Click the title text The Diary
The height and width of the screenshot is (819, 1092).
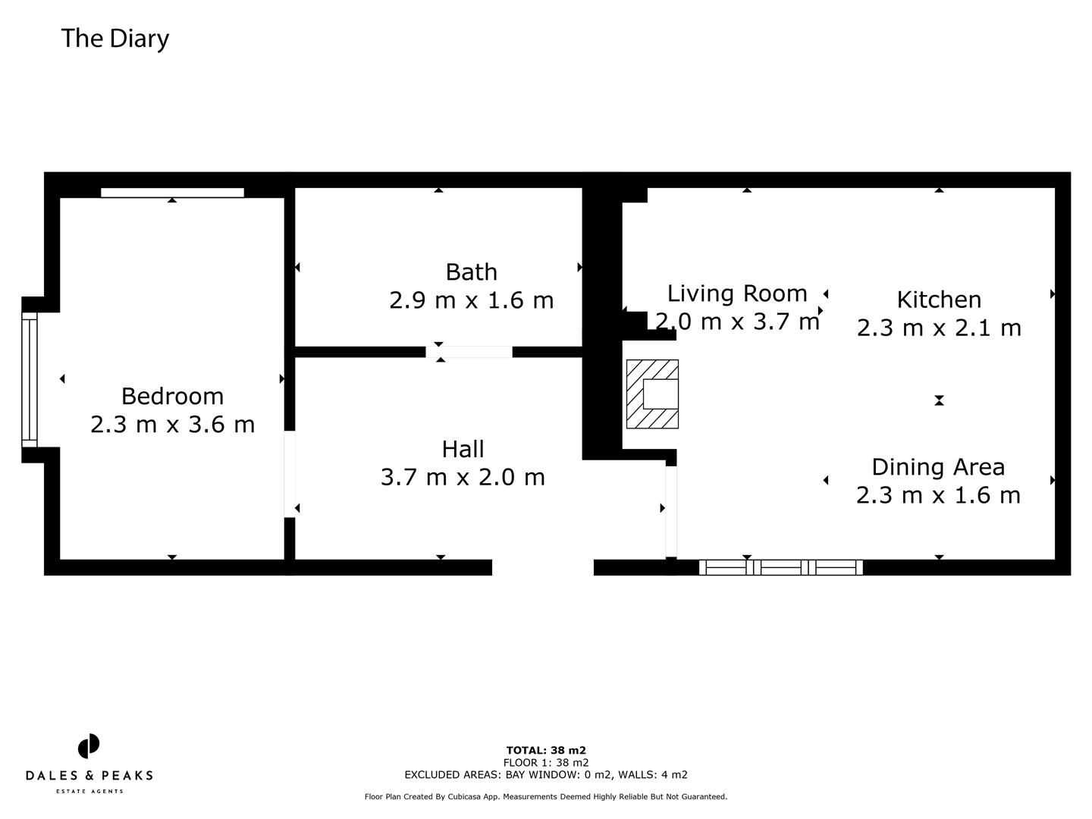click(x=115, y=38)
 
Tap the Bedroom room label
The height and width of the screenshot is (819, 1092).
click(x=172, y=396)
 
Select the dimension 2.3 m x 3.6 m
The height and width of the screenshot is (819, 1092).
click(x=172, y=424)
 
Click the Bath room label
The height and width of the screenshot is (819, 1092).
click(x=471, y=271)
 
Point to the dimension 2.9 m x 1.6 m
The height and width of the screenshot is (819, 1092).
click(x=471, y=300)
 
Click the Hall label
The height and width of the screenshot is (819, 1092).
click(x=463, y=449)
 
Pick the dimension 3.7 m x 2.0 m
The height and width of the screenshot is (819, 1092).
click(x=463, y=477)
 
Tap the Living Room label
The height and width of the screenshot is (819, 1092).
click(x=737, y=293)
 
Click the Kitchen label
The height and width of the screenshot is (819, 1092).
click(x=939, y=300)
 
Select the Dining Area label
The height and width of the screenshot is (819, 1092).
click(x=938, y=467)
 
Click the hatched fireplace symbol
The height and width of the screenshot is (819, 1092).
click(x=652, y=394)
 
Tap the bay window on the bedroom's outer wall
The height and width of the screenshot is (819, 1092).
click(x=29, y=379)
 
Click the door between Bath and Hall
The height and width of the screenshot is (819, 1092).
click(x=469, y=352)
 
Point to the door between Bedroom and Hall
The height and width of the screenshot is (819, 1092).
click(x=289, y=474)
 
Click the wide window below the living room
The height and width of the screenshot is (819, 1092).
click(x=780, y=567)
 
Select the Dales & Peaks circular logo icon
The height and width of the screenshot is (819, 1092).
click(x=89, y=746)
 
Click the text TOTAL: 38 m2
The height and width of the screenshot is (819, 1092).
click(x=546, y=751)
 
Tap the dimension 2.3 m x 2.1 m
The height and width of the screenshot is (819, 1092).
click(x=939, y=328)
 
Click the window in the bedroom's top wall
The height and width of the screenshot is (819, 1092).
click(x=172, y=193)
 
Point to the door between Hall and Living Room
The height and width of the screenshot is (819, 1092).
click(x=671, y=512)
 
